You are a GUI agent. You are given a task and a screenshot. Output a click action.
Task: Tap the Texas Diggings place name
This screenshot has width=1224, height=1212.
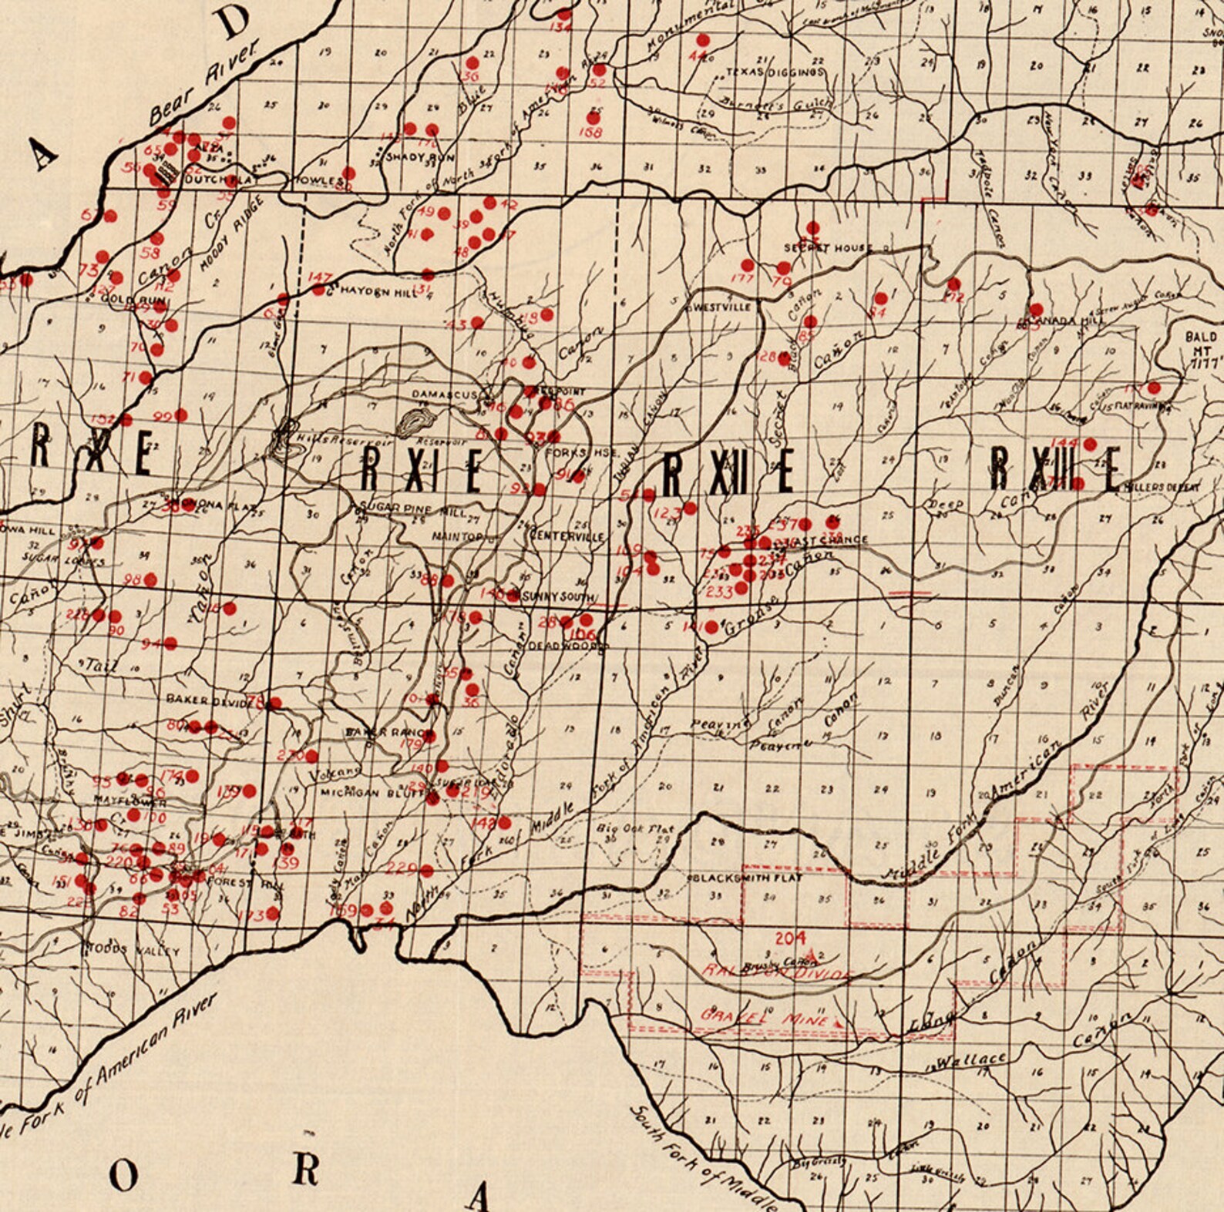(775, 72)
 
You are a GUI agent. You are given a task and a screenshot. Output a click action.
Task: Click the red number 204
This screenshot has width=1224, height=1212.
(790, 938)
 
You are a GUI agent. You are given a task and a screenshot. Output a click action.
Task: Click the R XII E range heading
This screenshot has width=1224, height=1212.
(728, 472)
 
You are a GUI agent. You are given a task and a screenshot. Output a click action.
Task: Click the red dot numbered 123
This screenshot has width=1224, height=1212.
(690, 508)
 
